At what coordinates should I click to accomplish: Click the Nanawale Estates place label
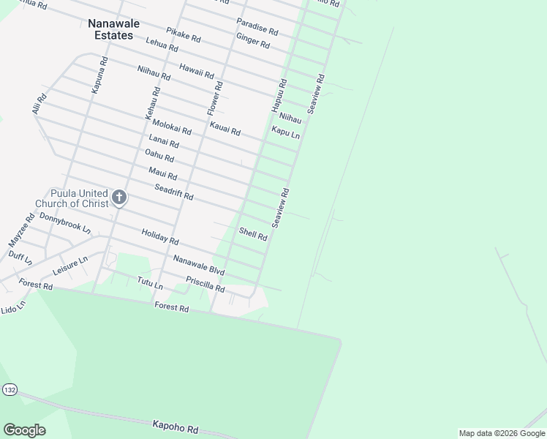tap(110, 29)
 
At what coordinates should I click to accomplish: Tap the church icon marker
tap(119, 198)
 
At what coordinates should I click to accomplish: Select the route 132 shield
tap(9, 389)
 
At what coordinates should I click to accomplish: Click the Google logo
tap(24, 430)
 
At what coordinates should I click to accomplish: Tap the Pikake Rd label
tap(183, 34)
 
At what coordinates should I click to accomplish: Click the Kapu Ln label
tap(285, 134)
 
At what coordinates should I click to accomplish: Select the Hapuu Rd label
tap(279, 95)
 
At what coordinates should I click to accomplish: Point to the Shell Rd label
tap(253, 234)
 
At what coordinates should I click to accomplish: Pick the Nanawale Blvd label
tap(198, 265)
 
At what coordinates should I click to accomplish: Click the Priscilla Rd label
tap(205, 284)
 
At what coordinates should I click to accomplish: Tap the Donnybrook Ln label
tap(65, 223)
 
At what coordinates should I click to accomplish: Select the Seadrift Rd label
tap(173, 192)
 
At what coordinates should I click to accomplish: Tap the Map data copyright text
tap(502, 433)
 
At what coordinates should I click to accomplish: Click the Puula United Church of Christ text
tap(71, 198)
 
